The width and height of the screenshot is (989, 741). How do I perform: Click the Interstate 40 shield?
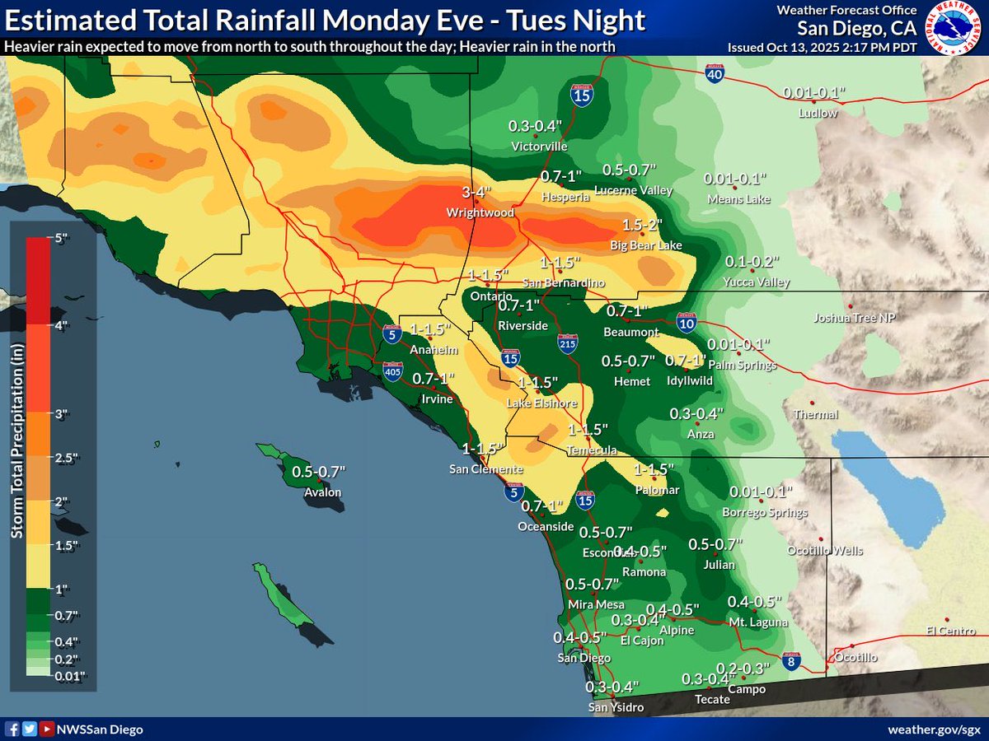point(715,74)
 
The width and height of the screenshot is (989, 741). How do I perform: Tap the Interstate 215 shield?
point(567,342)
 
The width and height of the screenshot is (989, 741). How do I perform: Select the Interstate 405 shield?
point(393,373)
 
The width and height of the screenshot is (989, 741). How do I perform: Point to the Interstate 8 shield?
point(790,661)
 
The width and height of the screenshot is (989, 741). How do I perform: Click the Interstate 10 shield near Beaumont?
point(685,322)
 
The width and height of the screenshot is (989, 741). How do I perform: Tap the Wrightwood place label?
point(480,212)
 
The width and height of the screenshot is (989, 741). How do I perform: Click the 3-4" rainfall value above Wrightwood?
point(476,193)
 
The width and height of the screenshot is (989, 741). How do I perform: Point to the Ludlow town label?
point(818,113)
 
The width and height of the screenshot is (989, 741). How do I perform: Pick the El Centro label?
point(950,631)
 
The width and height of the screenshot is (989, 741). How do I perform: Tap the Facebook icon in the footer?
point(13,729)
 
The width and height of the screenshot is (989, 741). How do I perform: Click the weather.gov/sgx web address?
point(933,729)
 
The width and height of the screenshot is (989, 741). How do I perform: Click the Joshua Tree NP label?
point(853,318)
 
